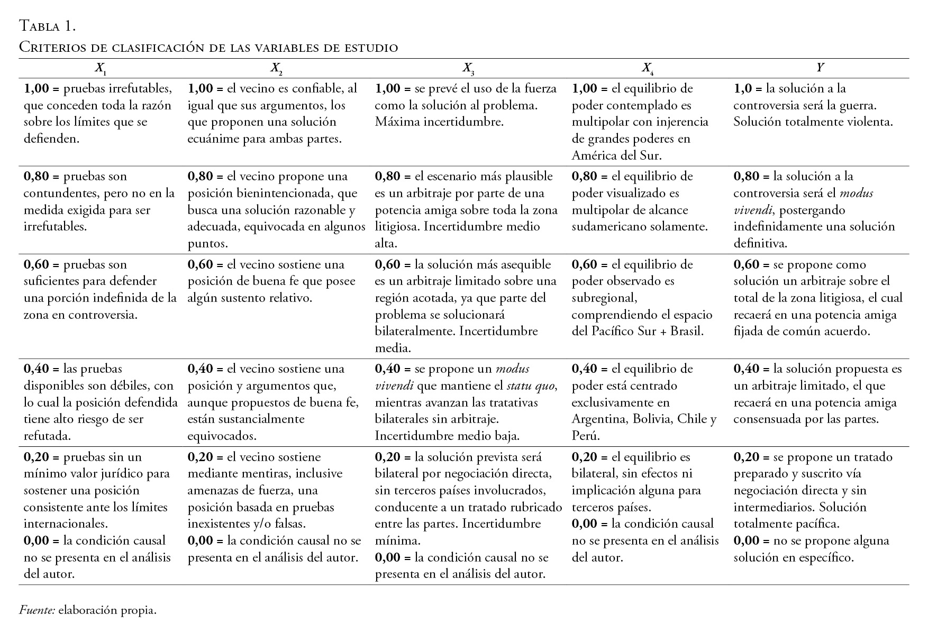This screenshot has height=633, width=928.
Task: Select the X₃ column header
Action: [x=468, y=68]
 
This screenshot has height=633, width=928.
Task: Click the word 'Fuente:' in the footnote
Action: [x=37, y=610]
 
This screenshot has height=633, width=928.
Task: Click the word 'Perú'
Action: [x=586, y=436]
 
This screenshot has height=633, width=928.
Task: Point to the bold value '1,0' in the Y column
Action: [x=743, y=88]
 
